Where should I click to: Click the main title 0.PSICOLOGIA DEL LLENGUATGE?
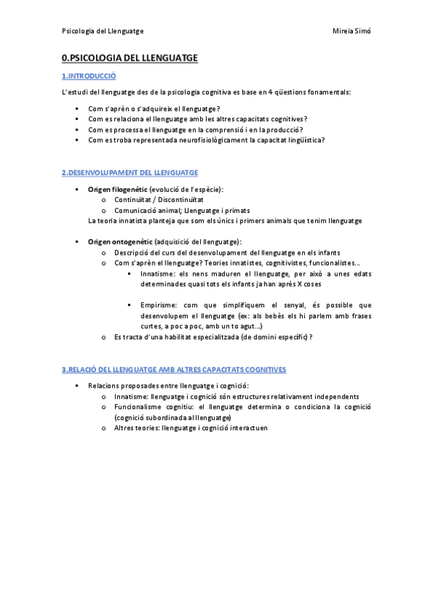pyautogui.click(x=129, y=58)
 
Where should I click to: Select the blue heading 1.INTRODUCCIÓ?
pyautogui.click(x=89, y=76)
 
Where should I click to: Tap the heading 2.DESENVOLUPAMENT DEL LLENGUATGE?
pyautogui.click(x=130, y=172)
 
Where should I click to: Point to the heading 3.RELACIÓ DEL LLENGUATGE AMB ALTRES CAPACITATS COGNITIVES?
pyautogui.click(x=174, y=370)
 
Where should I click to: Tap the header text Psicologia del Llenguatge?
pyautogui.click(x=103, y=32)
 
